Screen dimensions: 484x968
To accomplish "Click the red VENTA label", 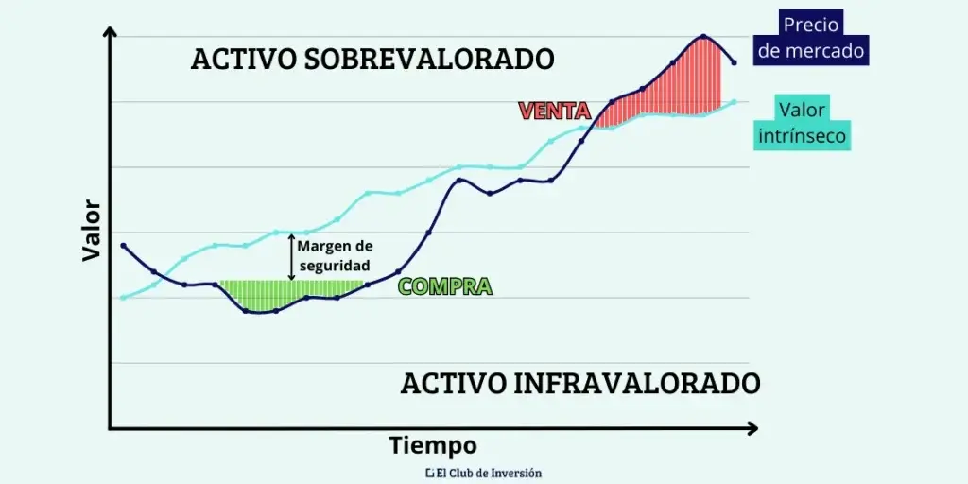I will point(554,111).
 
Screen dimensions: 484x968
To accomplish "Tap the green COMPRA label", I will point(445,286).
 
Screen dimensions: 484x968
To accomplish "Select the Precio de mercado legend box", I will point(811,38).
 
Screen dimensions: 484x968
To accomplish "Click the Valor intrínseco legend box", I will point(802,123).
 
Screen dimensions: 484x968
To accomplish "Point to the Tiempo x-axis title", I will point(433,445).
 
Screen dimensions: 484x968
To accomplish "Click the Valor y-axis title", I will point(92,230).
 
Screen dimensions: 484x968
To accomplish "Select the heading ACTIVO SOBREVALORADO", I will point(372,59).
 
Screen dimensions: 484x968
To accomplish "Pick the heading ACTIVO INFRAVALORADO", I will point(579,384).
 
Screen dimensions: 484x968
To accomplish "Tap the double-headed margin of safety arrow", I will point(291,256).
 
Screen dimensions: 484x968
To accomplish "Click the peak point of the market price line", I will point(702,37).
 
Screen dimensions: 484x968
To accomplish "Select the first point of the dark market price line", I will point(123,246).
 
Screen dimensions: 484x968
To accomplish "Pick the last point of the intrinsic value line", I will point(734,102).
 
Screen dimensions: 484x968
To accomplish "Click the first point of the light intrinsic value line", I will point(123,298).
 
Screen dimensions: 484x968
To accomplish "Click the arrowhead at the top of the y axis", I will point(110,32).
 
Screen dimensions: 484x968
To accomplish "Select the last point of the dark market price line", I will point(734,62).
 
